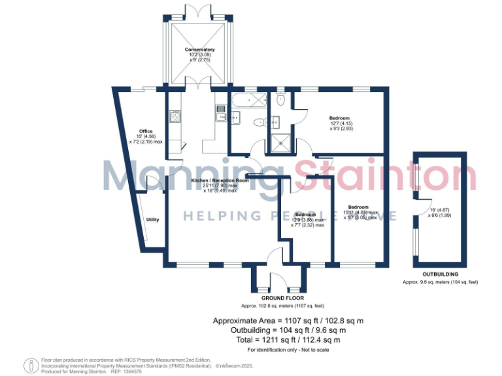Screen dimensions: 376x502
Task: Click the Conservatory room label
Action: pos(199,50)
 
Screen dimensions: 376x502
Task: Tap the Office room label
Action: pos(146,131)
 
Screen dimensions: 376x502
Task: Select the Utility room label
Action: pos(153,219)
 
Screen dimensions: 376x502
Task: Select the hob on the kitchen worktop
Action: pos(175,117)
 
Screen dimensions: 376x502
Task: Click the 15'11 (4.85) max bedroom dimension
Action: pos(360,212)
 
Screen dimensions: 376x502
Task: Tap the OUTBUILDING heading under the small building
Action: pos(440,274)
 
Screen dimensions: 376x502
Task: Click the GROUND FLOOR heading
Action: pos(279,298)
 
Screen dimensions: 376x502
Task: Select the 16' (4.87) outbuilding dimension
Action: pos(440,210)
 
